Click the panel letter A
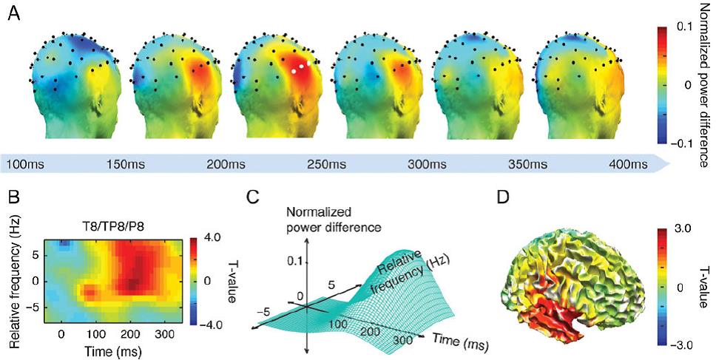point(12,15)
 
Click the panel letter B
point(12,197)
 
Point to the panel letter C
point(252,197)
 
